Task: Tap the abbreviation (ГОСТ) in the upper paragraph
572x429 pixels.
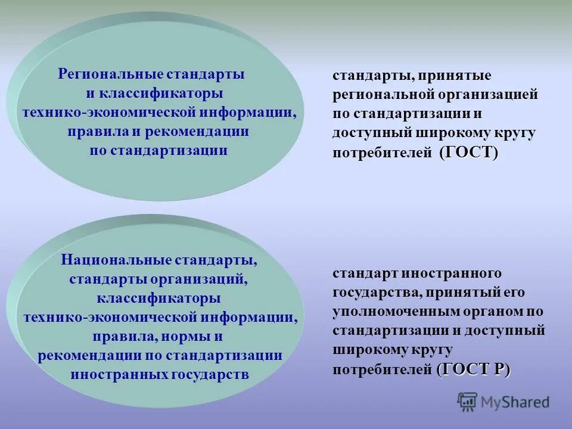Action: (x=468, y=153)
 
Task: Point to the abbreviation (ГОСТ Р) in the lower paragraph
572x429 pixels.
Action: (x=474, y=369)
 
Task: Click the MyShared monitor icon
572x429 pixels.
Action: (x=468, y=402)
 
